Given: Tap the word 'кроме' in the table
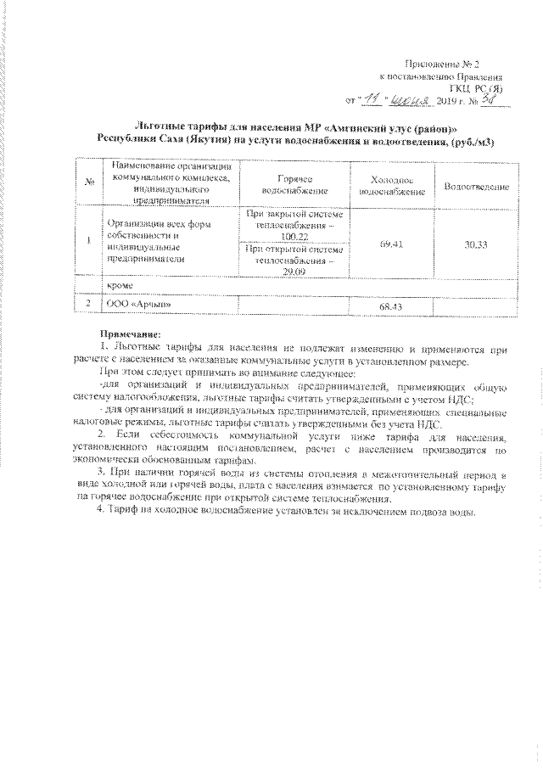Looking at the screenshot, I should (120, 289).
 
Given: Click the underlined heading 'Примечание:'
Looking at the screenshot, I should (129, 334).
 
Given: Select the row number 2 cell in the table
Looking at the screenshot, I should (88, 304).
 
